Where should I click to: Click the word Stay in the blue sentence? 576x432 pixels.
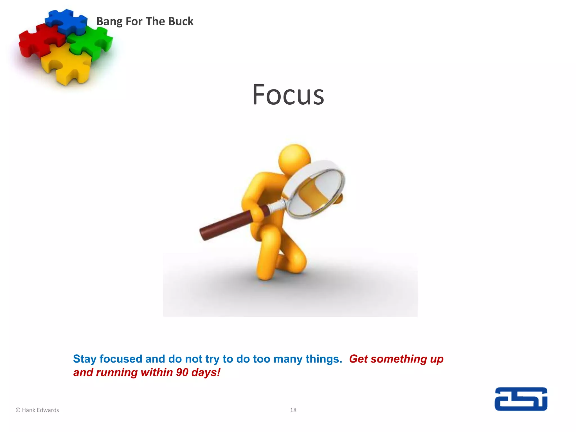click(84, 359)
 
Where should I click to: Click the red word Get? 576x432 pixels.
click(358, 359)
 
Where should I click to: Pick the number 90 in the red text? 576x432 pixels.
click(182, 372)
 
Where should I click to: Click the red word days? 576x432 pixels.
click(206, 372)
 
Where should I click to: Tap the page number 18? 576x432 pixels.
click(293, 410)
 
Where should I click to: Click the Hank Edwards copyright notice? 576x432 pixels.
click(37, 410)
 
